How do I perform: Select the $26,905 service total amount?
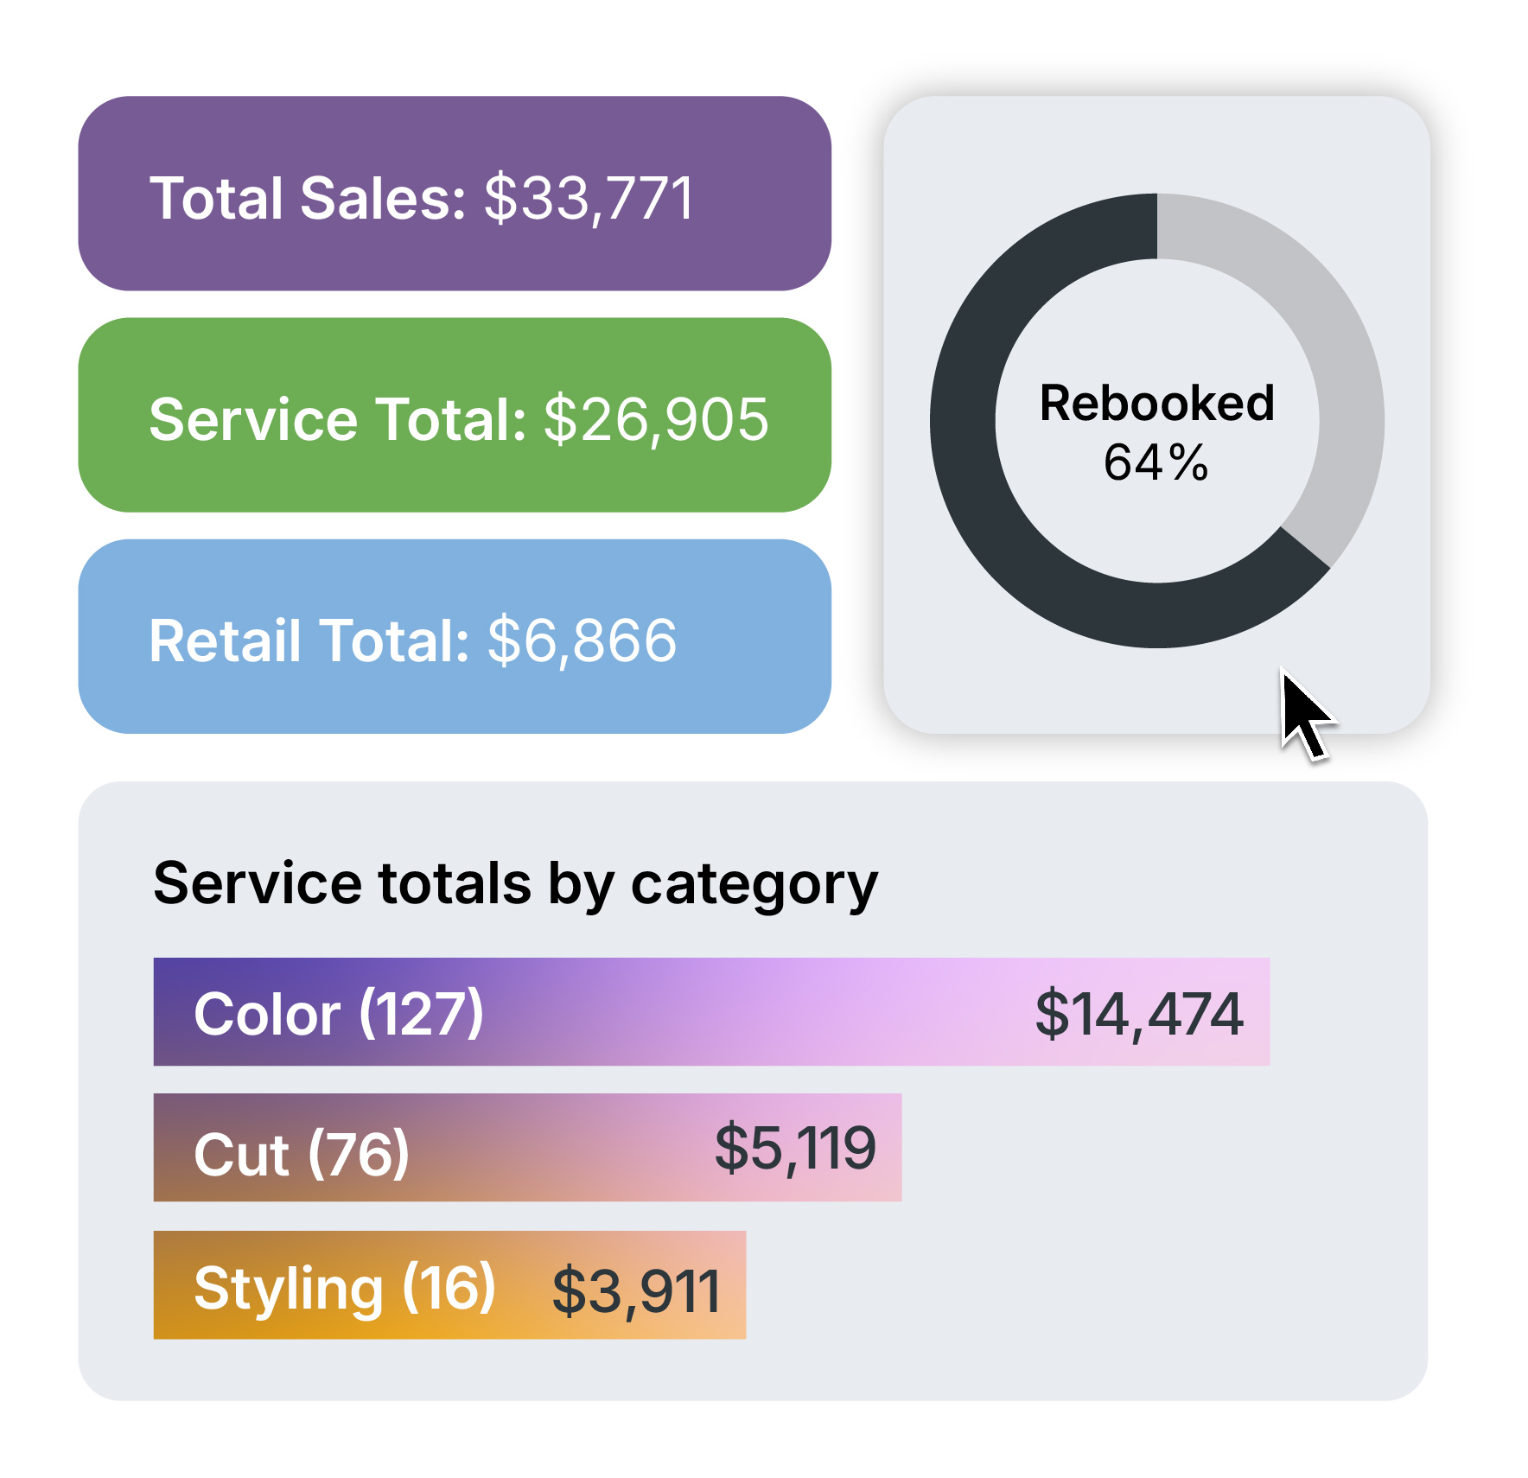[656, 420]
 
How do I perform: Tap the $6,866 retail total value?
[582, 641]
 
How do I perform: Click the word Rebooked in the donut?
[1156, 403]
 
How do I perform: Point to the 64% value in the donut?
[1156, 462]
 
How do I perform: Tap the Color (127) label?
[338, 1013]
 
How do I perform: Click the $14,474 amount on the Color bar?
[1139, 1013]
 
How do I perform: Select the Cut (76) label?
[301, 1154]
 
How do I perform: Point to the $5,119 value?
[795, 1149]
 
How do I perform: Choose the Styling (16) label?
[344, 1288]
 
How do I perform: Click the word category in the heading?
[754, 885]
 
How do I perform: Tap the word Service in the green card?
[253, 420]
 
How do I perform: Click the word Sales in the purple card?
[383, 199]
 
